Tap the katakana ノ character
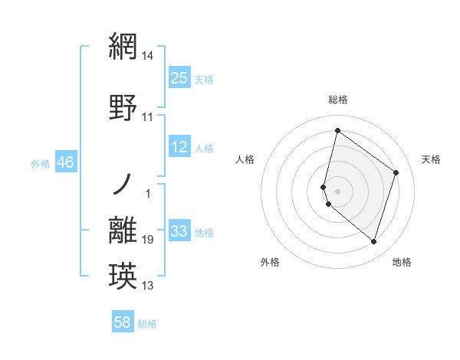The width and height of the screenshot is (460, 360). point(123,185)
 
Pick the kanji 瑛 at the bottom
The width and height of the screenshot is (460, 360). point(123,275)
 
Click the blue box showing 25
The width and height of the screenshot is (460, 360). point(179,77)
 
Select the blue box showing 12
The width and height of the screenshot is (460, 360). point(179,147)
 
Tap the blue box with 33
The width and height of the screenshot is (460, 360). point(179,231)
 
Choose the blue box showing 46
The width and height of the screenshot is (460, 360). point(65,162)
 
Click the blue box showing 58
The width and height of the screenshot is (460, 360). point(123,322)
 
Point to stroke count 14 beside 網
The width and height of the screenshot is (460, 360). point(148,56)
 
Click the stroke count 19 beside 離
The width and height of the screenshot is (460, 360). point(148,240)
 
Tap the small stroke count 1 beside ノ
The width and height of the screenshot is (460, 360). point(148,193)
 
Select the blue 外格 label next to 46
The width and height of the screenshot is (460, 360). point(40,163)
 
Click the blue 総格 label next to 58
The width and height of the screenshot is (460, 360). point(147,324)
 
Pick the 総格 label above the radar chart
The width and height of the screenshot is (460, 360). point(337,100)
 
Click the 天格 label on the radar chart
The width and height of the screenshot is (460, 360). point(431,159)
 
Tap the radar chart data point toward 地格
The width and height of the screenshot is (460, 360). point(374,242)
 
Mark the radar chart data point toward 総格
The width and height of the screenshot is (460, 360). point(337,130)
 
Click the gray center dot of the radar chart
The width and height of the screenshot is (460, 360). point(337,190)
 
